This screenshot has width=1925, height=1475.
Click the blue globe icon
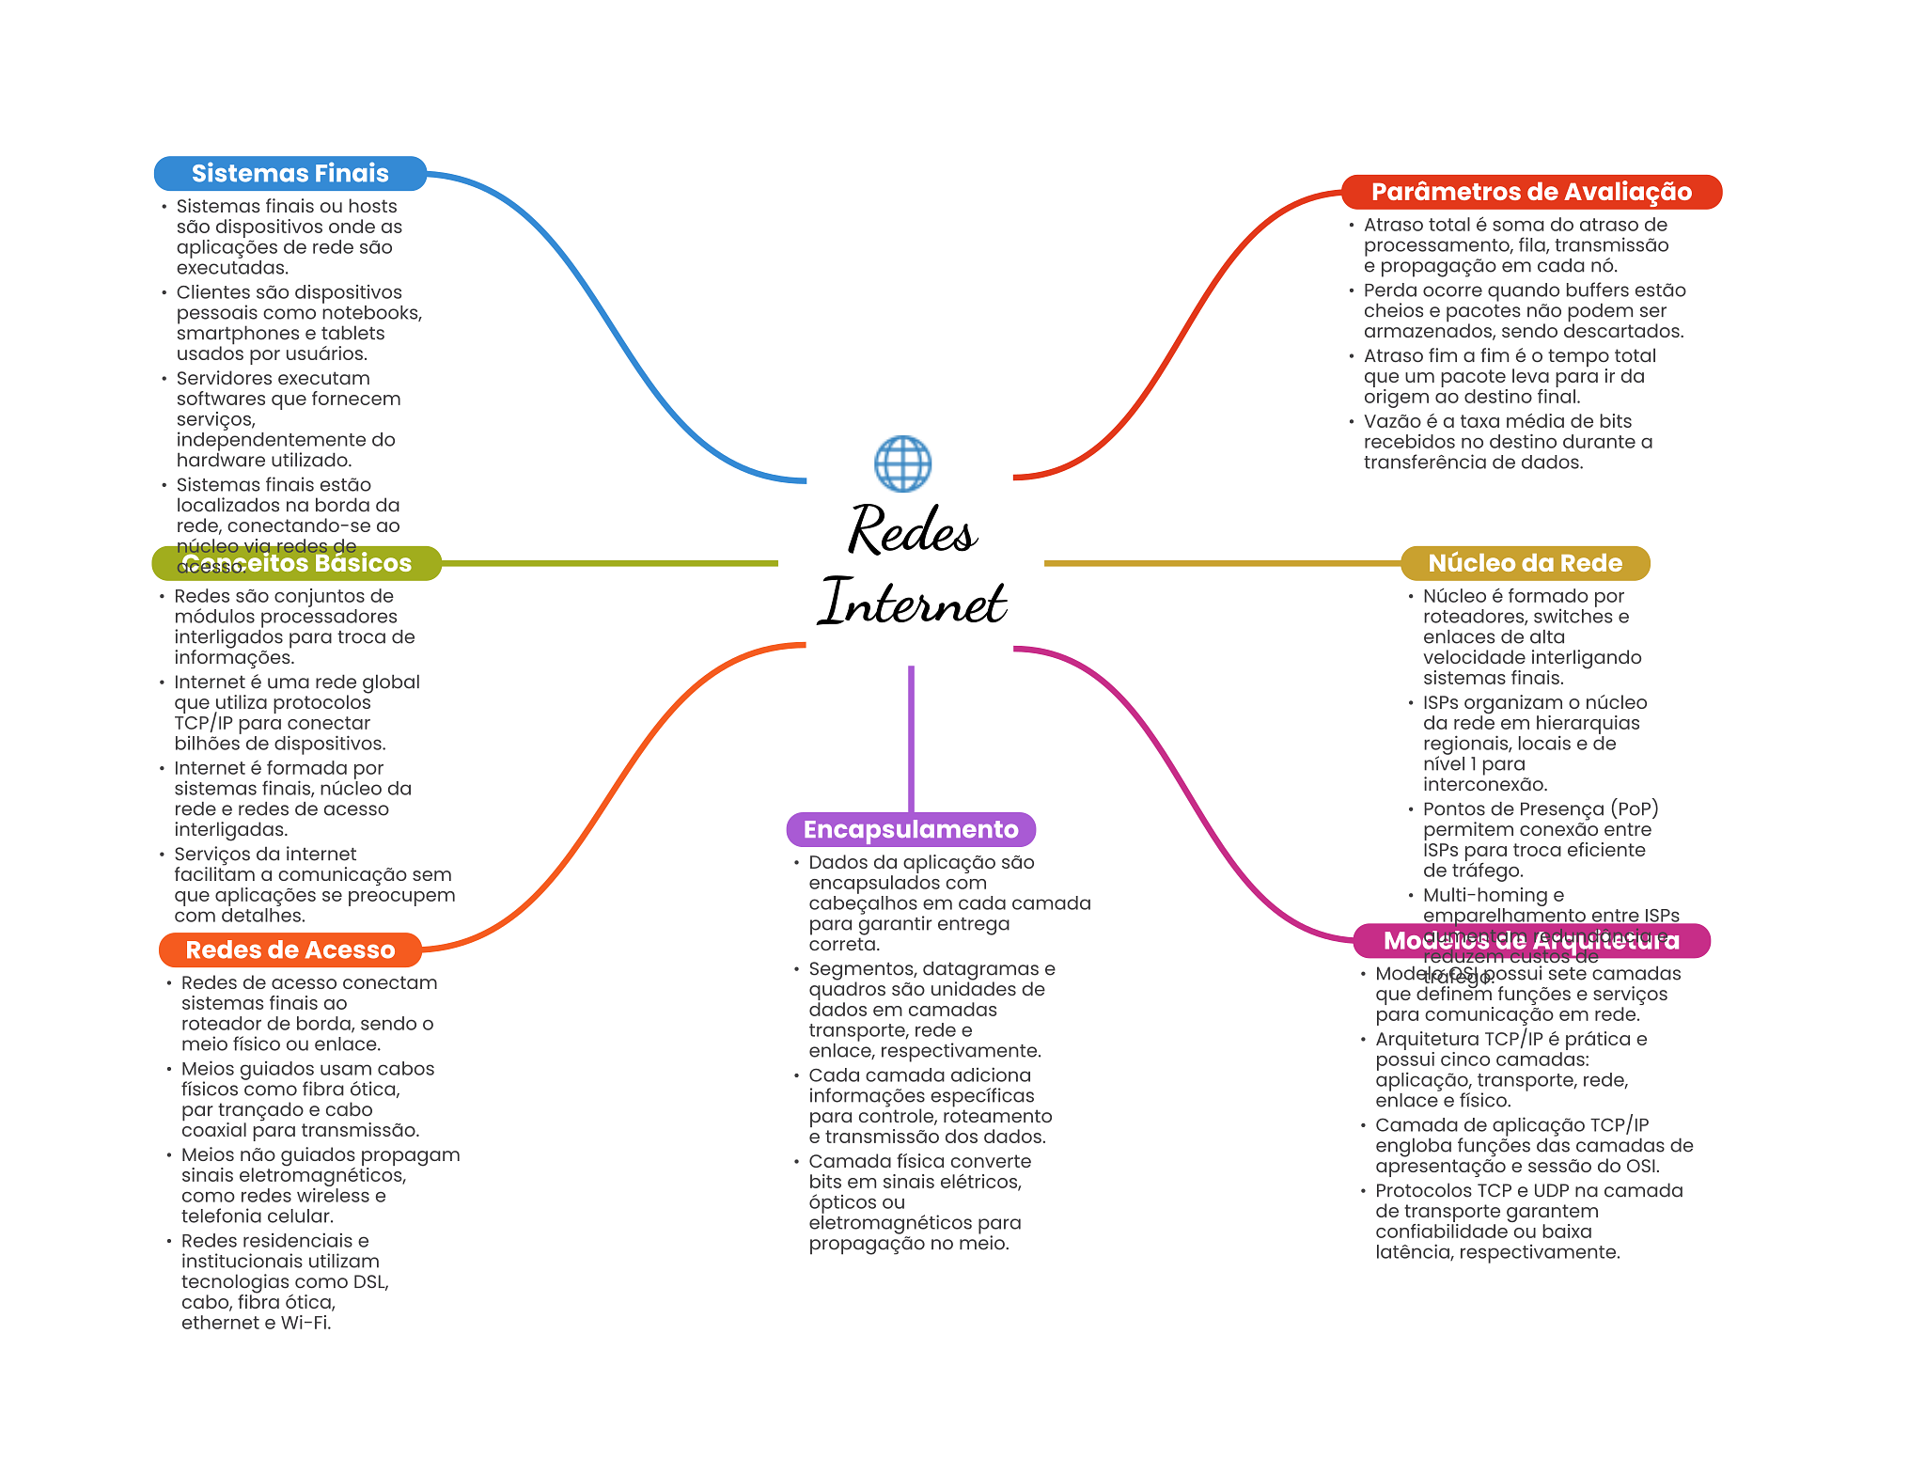(x=902, y=463)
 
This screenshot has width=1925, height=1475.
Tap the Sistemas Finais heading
(x=290, y=173)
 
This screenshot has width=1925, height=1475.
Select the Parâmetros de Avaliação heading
(x=1530, y=192)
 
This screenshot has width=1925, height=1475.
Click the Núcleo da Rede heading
(x=1525, y=563)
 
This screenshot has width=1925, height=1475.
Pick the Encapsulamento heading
(x=911, y=829)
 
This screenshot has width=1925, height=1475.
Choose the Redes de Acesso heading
(x=290, y=949)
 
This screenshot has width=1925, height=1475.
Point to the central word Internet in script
(x=912, y=602)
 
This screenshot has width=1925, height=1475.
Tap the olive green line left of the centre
(x=611, y=563)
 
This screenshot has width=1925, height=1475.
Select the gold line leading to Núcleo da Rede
(x=1222, y=563)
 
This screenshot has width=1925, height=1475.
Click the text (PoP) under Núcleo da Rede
(x=1635, y=808)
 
